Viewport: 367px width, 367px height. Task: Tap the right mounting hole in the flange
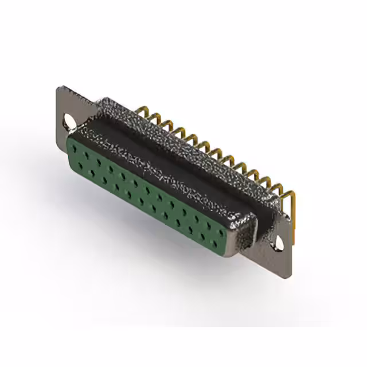280,242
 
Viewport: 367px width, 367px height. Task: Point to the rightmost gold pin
292,198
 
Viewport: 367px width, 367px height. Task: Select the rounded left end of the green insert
71,152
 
